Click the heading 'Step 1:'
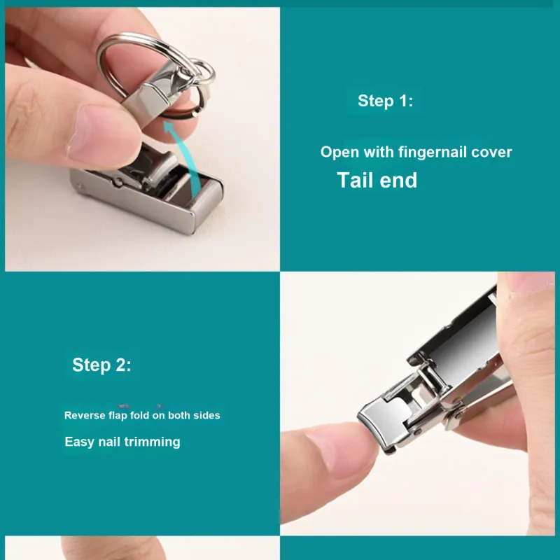386,101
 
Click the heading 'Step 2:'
101,365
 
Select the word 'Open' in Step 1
339,153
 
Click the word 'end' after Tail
398,180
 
